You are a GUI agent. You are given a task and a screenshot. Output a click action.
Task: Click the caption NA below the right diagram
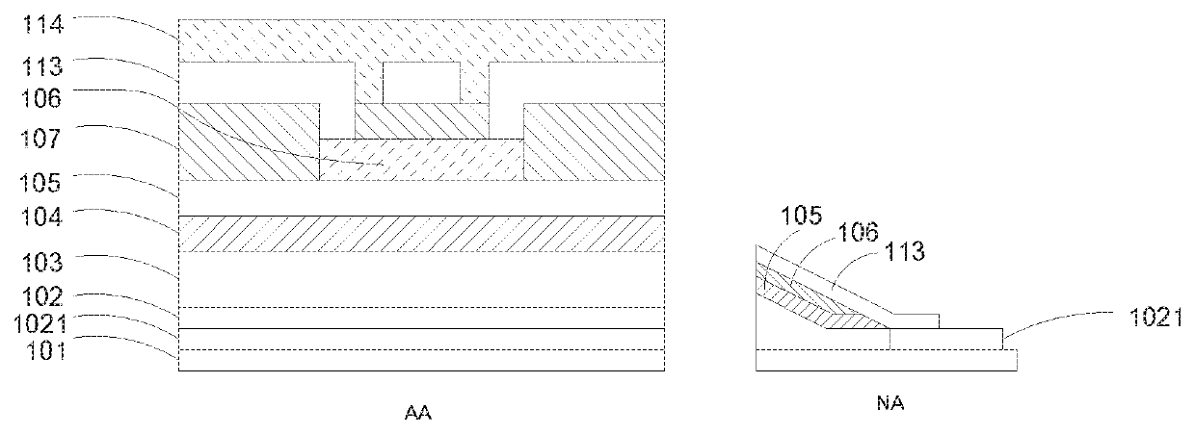pyautogui.click(x=891, y=405)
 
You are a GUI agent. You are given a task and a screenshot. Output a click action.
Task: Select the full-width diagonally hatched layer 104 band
pyautogui.click(x=422, y=234)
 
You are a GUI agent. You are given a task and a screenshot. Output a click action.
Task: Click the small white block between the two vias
pyautogui.click(x=420, y=83)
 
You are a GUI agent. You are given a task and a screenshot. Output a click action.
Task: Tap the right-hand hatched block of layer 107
pyautogui.click(x=593, y=141)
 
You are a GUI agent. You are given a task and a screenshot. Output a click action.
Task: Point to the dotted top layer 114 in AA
pyautogui.click(x=422, y=39)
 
